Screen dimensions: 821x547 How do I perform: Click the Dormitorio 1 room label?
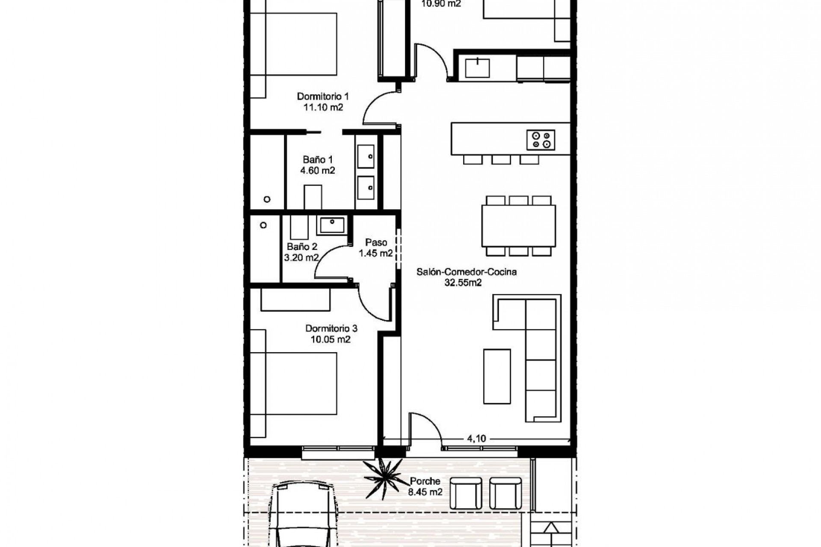pos(323,97)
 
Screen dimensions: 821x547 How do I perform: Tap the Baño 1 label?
pos(318,160)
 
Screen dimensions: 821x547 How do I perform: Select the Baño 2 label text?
pos(302,247)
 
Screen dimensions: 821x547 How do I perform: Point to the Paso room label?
pos(376,243)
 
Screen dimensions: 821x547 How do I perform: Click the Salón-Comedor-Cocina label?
pos(467,272)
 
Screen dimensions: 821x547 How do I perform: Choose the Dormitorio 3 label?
pos(331,329)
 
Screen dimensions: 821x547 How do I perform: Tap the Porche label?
pos(425,482)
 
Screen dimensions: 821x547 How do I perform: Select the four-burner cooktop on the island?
pos(540,140)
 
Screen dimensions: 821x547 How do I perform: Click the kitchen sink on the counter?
pos(477,68)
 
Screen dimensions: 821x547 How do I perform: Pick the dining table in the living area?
pos(519,226)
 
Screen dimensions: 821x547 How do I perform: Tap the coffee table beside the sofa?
pos(497,376)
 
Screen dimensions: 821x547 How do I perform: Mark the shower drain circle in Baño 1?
pos(267,199)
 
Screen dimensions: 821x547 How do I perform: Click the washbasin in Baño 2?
pos(332,225)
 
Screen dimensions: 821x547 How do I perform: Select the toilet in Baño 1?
pos(313,197)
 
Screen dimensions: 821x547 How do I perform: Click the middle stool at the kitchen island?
pos(501,159)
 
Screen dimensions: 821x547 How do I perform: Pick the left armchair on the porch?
pos(466,493)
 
